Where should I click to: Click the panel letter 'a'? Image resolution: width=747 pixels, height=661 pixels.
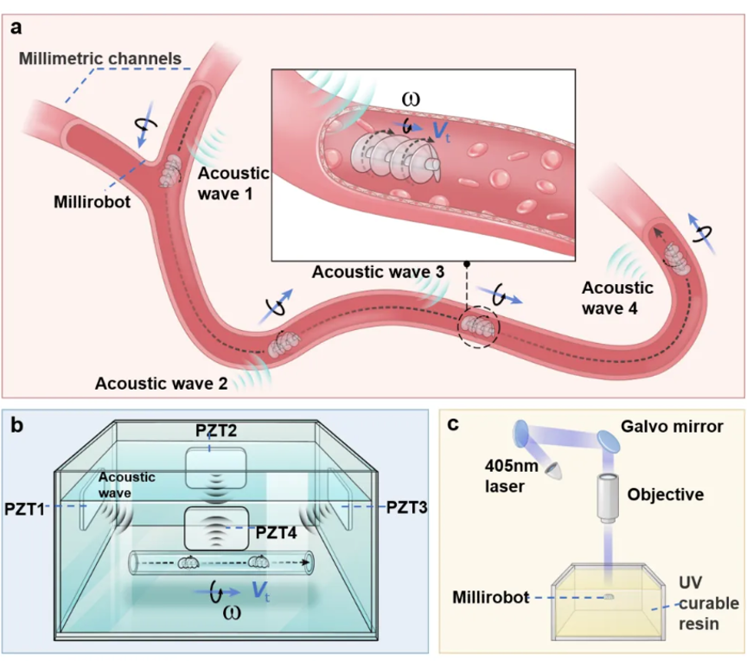pyautogui.click(x=16, y=28)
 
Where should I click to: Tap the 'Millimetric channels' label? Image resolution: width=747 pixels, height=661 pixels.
pyautogui.click(x=100, y=59)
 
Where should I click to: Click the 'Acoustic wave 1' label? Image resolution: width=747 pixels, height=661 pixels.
pyautogui.click(x=233, y=183)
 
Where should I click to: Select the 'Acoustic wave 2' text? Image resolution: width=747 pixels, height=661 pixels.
pyautogui.click(x=161, y=384)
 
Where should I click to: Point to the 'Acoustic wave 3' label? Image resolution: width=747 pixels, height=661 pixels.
pyautogui.click(x=378, y=272)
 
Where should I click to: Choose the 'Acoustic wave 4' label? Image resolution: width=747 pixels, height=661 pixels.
pyautogui.click(x=617, y=298)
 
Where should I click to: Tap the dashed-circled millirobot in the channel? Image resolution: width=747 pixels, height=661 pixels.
pyautogui.click(x=477, y=327)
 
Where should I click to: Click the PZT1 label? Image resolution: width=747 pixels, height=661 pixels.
pyautogui.click(x=24, y=509)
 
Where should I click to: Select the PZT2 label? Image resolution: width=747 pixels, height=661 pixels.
pyautogui.click(x=216, y=430)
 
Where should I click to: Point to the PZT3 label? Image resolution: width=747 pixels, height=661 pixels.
pyautogui.click(x=406, y=507)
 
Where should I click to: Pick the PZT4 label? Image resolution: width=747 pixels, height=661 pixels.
pyautogui.click(x=277, y=532)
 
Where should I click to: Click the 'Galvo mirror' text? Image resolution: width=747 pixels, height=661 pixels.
pyautogui.click(x=672, y=426)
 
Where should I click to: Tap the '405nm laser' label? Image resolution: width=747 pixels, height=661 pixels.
pyautogui.click(x=511, y=476)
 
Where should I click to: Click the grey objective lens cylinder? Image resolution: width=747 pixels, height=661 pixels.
pyautogui.click(x=609, y=498)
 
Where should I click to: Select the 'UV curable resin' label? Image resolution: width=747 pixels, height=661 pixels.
pyautogui.click(x=708, y=603)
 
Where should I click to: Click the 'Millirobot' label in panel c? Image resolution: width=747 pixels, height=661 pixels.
pyautogui.click(x=491, y=597)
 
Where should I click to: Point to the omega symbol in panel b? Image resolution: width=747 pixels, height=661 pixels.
pyautogui.click(x=232, y=613)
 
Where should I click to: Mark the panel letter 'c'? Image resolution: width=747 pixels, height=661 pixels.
pyautogui.click(x=453, y=424)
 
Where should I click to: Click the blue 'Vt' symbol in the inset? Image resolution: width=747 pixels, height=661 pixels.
pyautogui.click(x=441, y=132)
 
